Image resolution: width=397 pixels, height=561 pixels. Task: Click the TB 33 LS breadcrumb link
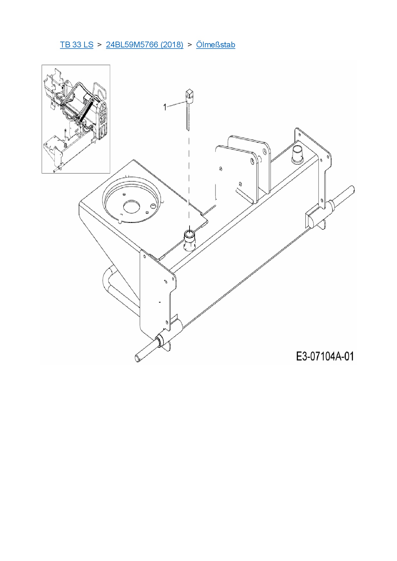pyautogui.click(x=77, y=44)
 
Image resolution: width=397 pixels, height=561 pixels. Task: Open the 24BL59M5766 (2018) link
pyautogui.click(x=144, y=44)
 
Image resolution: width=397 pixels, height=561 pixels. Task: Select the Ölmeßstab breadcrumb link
pyautogui.click(x=215, y=44)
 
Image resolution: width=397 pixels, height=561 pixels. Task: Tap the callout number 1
pyautogui.click(x=165, y=107)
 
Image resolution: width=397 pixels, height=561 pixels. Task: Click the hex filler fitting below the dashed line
pyautogui.click(x=189, y=240)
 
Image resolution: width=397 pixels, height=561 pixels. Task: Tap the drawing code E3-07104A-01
pyautogui.click(x=325, y=356)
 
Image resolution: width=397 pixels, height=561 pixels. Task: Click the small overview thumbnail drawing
pyautogui.click(x=76, y=119)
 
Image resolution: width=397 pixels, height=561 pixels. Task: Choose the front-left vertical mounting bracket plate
pyautogui.click(x=157, y=294)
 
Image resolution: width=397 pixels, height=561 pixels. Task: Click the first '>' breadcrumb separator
pyautogui.click(x=99, y=44)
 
